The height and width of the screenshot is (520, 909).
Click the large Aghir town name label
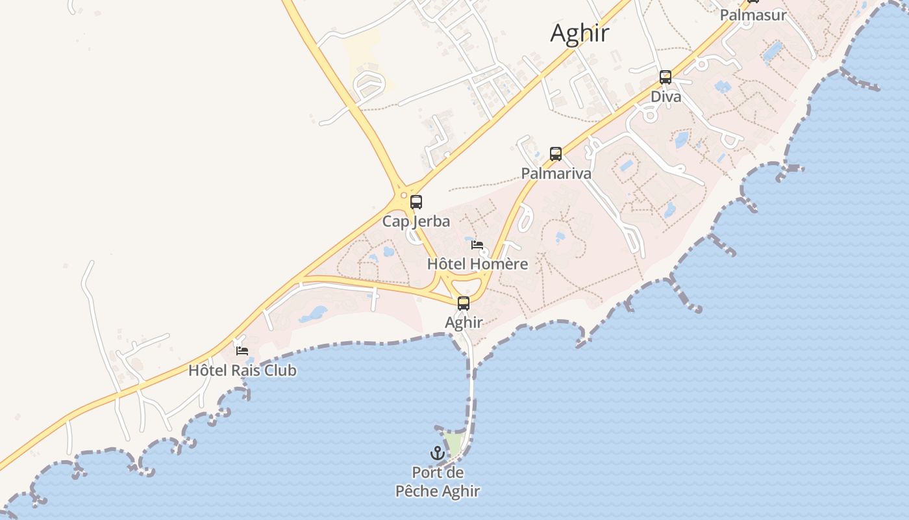point(579,32)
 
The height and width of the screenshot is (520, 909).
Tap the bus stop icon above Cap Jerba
point(416,202)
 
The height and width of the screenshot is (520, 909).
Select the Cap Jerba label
point(416,221)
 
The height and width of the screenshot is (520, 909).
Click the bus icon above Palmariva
point(556,154)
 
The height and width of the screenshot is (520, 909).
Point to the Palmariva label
point(556,174)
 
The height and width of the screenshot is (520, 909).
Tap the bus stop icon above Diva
point(666,77)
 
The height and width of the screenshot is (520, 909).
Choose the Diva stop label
point(666,97)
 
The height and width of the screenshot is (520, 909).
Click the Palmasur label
point(753,14)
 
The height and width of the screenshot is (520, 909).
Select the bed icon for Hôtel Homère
point(477,245)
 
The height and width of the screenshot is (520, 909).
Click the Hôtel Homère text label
point(477,264)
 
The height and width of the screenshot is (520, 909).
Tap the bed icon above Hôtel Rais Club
point(242,351)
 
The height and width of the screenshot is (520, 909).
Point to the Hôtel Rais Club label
point(242,370)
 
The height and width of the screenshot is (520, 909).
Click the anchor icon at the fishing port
point(438,453)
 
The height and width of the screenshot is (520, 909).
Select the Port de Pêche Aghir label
point(438,482)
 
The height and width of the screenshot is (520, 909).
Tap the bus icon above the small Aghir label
point(464,303)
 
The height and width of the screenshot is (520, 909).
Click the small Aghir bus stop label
point(464,322)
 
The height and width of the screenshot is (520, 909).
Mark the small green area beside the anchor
point(454,445)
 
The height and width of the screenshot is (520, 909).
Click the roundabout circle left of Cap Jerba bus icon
point(404,195)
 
